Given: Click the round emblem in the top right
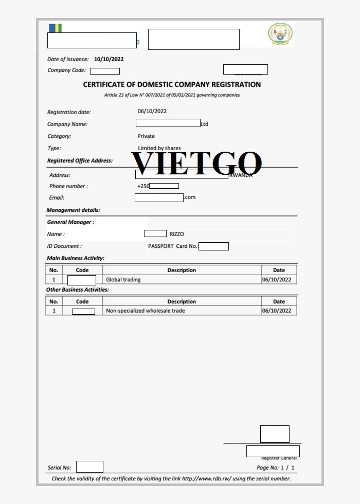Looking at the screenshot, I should click(280, 35).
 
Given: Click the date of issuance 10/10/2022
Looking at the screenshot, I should click(109, 59).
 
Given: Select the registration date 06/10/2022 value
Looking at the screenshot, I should click(152, 111).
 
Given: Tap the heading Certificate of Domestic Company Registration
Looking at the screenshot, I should click(172, 84).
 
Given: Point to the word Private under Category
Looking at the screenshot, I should click(146, 136).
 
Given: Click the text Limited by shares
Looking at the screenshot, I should click(159, 148).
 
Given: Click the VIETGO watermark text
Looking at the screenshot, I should click(197, 163).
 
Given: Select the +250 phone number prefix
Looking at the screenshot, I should click(143, 186).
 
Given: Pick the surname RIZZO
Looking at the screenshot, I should click(176, 235).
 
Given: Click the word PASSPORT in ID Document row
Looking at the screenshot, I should click(160, 246).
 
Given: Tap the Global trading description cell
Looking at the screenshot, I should click(123, 280).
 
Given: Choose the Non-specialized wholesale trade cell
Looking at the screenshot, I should click(145, 311).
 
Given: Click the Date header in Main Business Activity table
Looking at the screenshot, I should click(279, 270).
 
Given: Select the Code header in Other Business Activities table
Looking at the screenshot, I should click(82, 302).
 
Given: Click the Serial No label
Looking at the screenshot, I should click(60, 468).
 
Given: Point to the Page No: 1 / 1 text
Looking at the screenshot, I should click(276, 468).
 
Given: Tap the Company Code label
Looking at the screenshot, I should click(67, 70).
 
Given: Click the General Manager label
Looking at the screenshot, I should click(70, 222).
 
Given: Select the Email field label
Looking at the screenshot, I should click(57, 197).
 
